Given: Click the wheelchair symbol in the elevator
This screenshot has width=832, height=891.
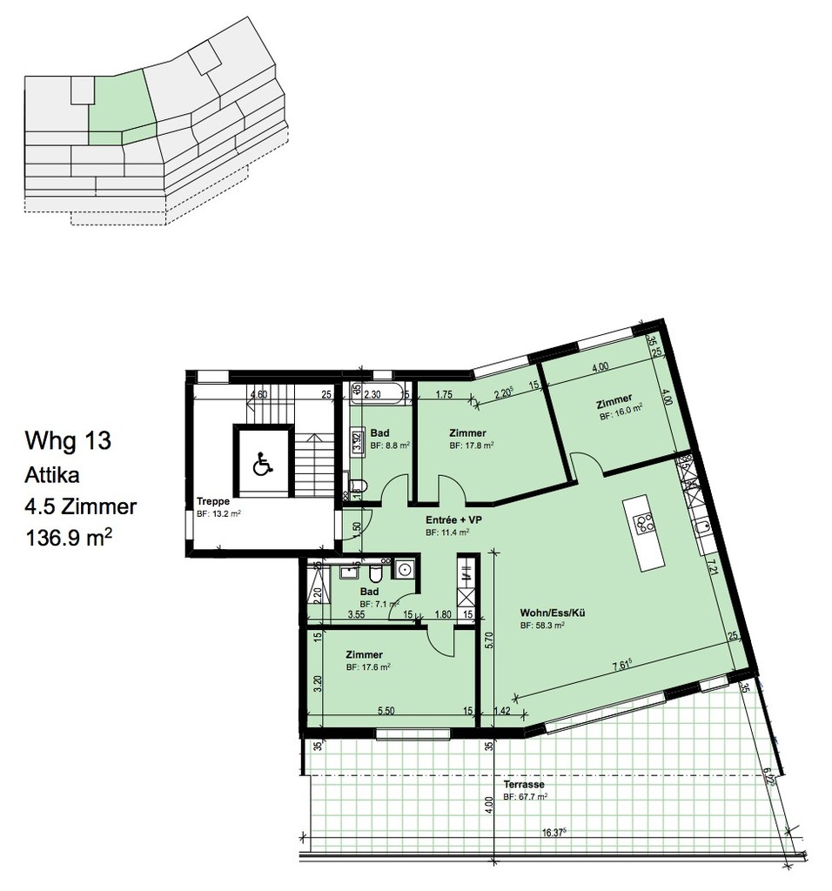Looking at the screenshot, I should click(261, 466).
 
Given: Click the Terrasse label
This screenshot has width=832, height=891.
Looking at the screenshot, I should click(522, 784).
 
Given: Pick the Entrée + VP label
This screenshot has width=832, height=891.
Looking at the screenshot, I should click(453, 520).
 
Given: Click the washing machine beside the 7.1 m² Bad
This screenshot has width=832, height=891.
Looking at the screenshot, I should click(404, 570).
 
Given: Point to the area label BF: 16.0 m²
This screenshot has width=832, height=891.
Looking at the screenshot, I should click(621, 417).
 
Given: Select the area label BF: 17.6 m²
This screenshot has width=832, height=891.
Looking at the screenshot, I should click(367, 667).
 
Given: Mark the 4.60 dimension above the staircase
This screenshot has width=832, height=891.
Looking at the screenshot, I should click(258, 394).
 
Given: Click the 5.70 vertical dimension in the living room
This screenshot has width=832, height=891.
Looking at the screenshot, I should click(491, 640).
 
